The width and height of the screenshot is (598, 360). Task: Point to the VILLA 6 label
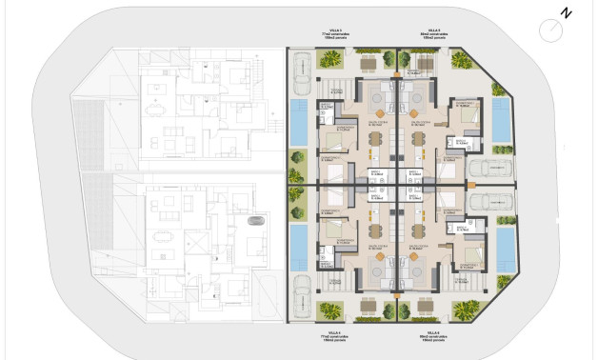tap(434, 331)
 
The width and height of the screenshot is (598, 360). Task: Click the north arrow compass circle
tap(551, 30)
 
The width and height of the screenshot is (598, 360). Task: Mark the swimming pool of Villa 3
tap(299, 123)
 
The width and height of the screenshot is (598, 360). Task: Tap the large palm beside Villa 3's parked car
tap(331, 60)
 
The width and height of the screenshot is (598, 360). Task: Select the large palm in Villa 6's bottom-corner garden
tap(466, 309)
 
